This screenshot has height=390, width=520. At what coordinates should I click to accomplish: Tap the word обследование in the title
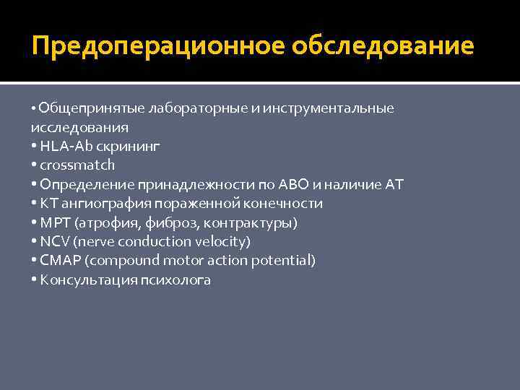(383, 46)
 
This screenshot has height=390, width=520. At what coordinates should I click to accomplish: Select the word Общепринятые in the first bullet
(91, 108)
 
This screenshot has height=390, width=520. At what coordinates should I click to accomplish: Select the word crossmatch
(77, 165)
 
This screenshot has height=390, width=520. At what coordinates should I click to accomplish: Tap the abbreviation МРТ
(54, 222)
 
